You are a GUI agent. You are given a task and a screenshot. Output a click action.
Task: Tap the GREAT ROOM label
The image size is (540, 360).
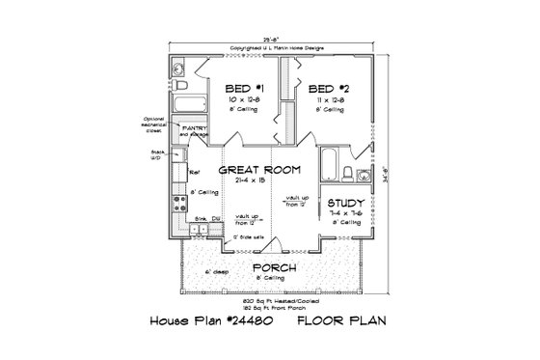pyautogui.click(x=259, y=170)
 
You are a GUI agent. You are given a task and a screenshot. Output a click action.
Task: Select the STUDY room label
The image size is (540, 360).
pyautogui.click(x=344, y=204)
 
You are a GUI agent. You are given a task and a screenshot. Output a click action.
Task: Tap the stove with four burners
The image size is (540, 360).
pyautogui.click(x=178, y=205)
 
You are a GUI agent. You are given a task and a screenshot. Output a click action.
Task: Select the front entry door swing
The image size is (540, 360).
pyautogui.click(x=273, y=241)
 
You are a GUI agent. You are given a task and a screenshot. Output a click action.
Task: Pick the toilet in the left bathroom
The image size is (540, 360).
pyautogui.click(x=180, y=73)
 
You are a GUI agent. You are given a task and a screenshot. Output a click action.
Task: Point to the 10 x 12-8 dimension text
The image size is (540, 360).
pyautogui.click(x=234, y=99)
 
